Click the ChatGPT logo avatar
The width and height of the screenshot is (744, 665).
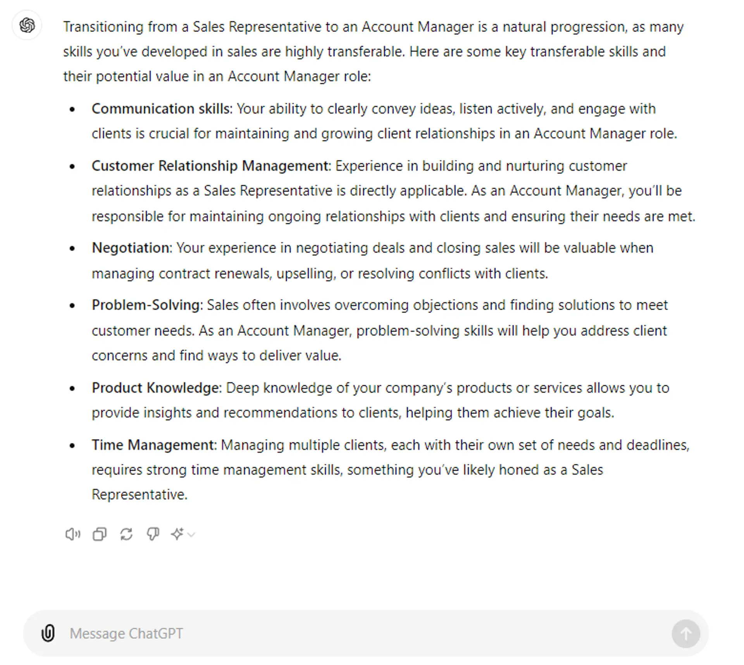click(27, 26)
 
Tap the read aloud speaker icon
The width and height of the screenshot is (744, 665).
click(72, 534)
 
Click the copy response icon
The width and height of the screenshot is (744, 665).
click(100, 534)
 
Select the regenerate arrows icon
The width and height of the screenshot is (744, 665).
click(126, 534)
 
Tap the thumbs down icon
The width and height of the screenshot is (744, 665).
click(153, 534)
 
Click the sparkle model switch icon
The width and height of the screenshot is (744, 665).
click(178, 534)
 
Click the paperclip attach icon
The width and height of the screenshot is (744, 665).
click(48, 633)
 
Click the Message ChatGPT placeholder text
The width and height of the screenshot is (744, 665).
click(126, 633)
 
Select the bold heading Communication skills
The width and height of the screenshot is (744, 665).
click(160, 109)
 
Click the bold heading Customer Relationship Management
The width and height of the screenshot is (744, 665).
click(210, 166)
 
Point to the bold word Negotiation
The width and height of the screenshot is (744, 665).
click(131, 248)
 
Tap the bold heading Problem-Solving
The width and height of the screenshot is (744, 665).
click(146, 305)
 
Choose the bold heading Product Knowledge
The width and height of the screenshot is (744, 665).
click(155, 388)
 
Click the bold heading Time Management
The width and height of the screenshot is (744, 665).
click(152, 445)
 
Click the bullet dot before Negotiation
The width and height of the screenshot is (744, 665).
click(72, 248)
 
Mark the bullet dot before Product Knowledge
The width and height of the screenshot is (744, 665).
click(72, 388)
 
